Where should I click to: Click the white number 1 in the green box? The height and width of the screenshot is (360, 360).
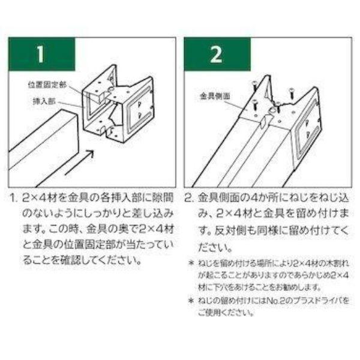tap(40, 55)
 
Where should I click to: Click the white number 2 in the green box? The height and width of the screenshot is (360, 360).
tap(216, 55)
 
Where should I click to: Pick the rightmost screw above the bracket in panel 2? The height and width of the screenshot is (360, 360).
tap(292, 94)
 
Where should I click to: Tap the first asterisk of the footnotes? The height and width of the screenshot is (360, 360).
tap(191, 263)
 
